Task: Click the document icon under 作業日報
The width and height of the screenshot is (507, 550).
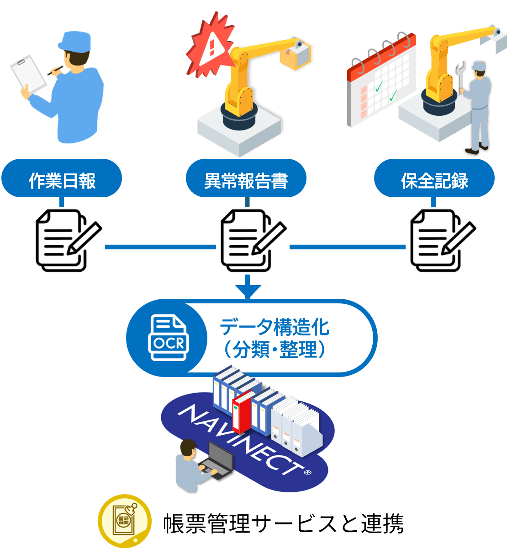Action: pyautogui.click(x=68, y=241)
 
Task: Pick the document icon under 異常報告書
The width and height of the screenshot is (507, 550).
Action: pyautogui.click(x=253, y=241)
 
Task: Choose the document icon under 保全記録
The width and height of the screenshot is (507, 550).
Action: pyautogui.click(x=442, y=241)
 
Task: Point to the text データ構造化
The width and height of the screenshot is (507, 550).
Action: pyautogui.click(x=275, y=327)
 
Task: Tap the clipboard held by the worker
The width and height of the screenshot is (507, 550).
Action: pyautogui.click(x=28, y=73)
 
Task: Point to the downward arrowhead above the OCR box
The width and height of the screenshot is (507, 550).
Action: pyautogui.click(x=248, y=291)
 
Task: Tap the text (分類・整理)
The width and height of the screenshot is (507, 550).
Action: pyautogui.click(x=275, y=350)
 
